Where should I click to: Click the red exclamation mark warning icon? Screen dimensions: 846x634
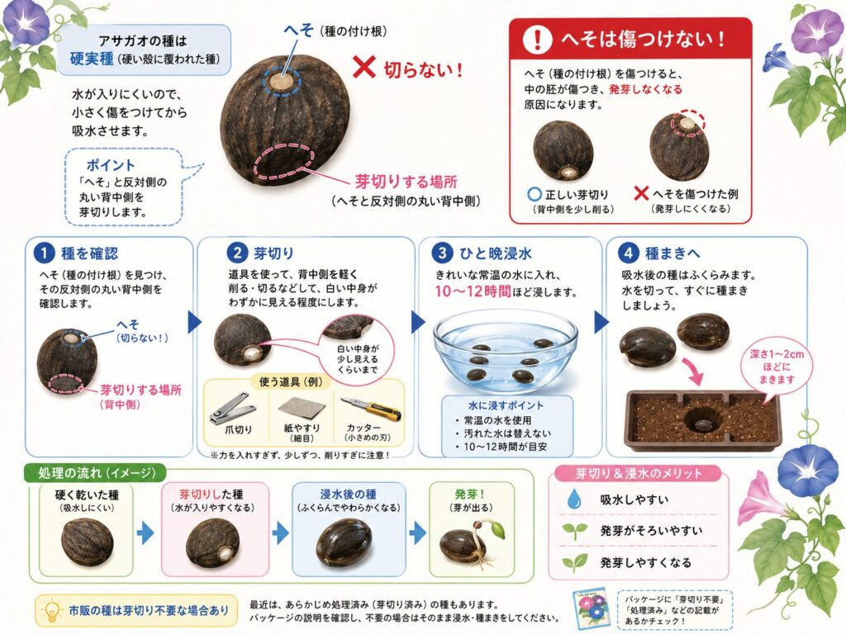point(537,39)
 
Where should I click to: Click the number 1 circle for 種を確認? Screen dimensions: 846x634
point(44,253)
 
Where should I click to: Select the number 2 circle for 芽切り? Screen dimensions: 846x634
point(237,253)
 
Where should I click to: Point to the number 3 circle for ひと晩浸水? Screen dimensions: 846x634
point(442,253)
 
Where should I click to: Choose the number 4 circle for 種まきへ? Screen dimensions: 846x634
point(628,253)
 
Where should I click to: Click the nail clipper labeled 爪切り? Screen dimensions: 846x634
point(233,408)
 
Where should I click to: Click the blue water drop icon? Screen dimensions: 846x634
point(574,499)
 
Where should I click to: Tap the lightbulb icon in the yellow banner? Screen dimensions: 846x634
point(52,611)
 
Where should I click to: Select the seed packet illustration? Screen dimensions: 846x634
point(592,609)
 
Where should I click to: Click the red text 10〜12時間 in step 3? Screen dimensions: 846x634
point(473,291)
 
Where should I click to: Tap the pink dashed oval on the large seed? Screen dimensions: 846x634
point(284,161)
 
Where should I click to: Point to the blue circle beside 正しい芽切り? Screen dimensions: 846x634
point(535,194)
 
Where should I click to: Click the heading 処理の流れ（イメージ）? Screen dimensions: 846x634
point(97,473)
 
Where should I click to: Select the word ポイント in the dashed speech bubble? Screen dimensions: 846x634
point(111,164)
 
